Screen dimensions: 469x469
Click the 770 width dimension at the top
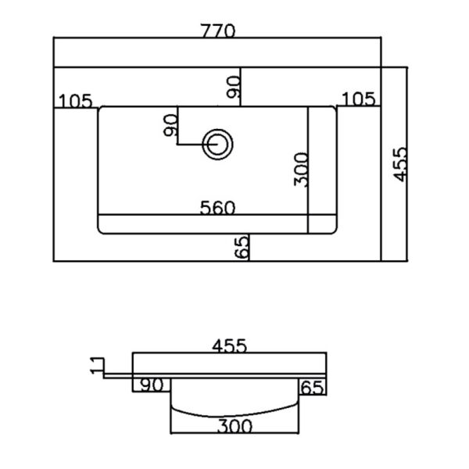pyautogui.click(x=218, y=30)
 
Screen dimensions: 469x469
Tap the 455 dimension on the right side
pyautogui.click(x=400, y=164)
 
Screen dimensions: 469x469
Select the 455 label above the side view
pyautogui.click(x=229, y=345)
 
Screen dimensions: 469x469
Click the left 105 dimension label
pyautogui.click(x=75, y=101)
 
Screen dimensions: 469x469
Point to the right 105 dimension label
pyautogui.click(x=358, y=99)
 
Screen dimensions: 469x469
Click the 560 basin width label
pyautogui.click(x=217, y=208)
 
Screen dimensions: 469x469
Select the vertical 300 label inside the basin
pyautogui.click(x=301, y=170)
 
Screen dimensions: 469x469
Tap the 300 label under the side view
pyautogui.click(x=234, y=426)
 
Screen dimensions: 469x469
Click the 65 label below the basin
pyautogui.click(x=242, y=247)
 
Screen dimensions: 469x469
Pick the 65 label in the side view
pyautogui.click(x=312, y=388)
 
